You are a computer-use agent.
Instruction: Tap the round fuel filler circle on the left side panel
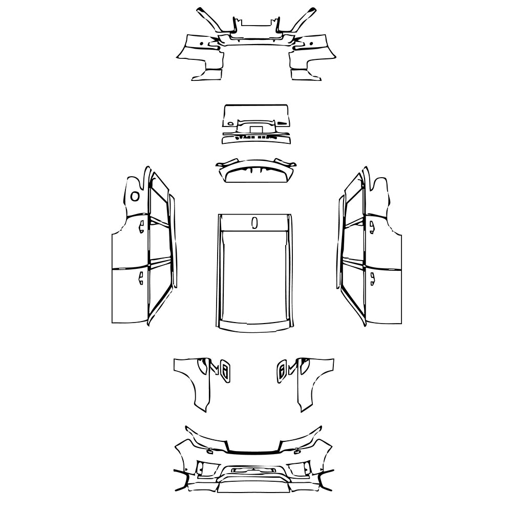(x=135, y=196)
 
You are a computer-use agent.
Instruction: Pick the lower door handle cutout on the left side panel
(x=140, y=278)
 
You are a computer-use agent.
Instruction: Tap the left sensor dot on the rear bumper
(x=203, y=43)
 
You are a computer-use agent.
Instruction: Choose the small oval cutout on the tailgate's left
(x=231, y=123)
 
